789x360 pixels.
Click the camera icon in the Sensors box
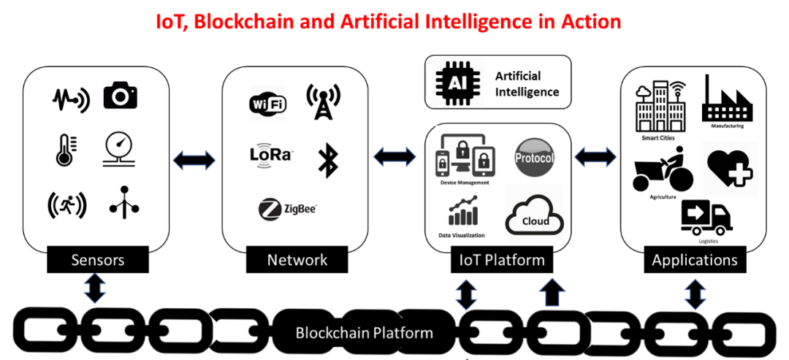coord(120,96)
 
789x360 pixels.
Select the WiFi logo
coord(268,104)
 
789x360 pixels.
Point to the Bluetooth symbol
coord(327,160)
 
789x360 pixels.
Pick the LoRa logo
coord(271,154)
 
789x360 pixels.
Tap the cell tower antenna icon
coord(323,102)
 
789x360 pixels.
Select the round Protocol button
coord(535,158)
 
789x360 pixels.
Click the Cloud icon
coord(535,216)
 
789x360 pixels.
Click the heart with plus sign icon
coord(730,166)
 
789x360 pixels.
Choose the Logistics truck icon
coord(706,218)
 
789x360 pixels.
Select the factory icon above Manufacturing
coord(725,101)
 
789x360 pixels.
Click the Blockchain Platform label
coord(364,333)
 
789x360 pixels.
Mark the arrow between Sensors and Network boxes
coord(194,160)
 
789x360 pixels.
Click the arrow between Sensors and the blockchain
coord(96,288)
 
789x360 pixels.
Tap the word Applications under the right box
coord(695,260)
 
